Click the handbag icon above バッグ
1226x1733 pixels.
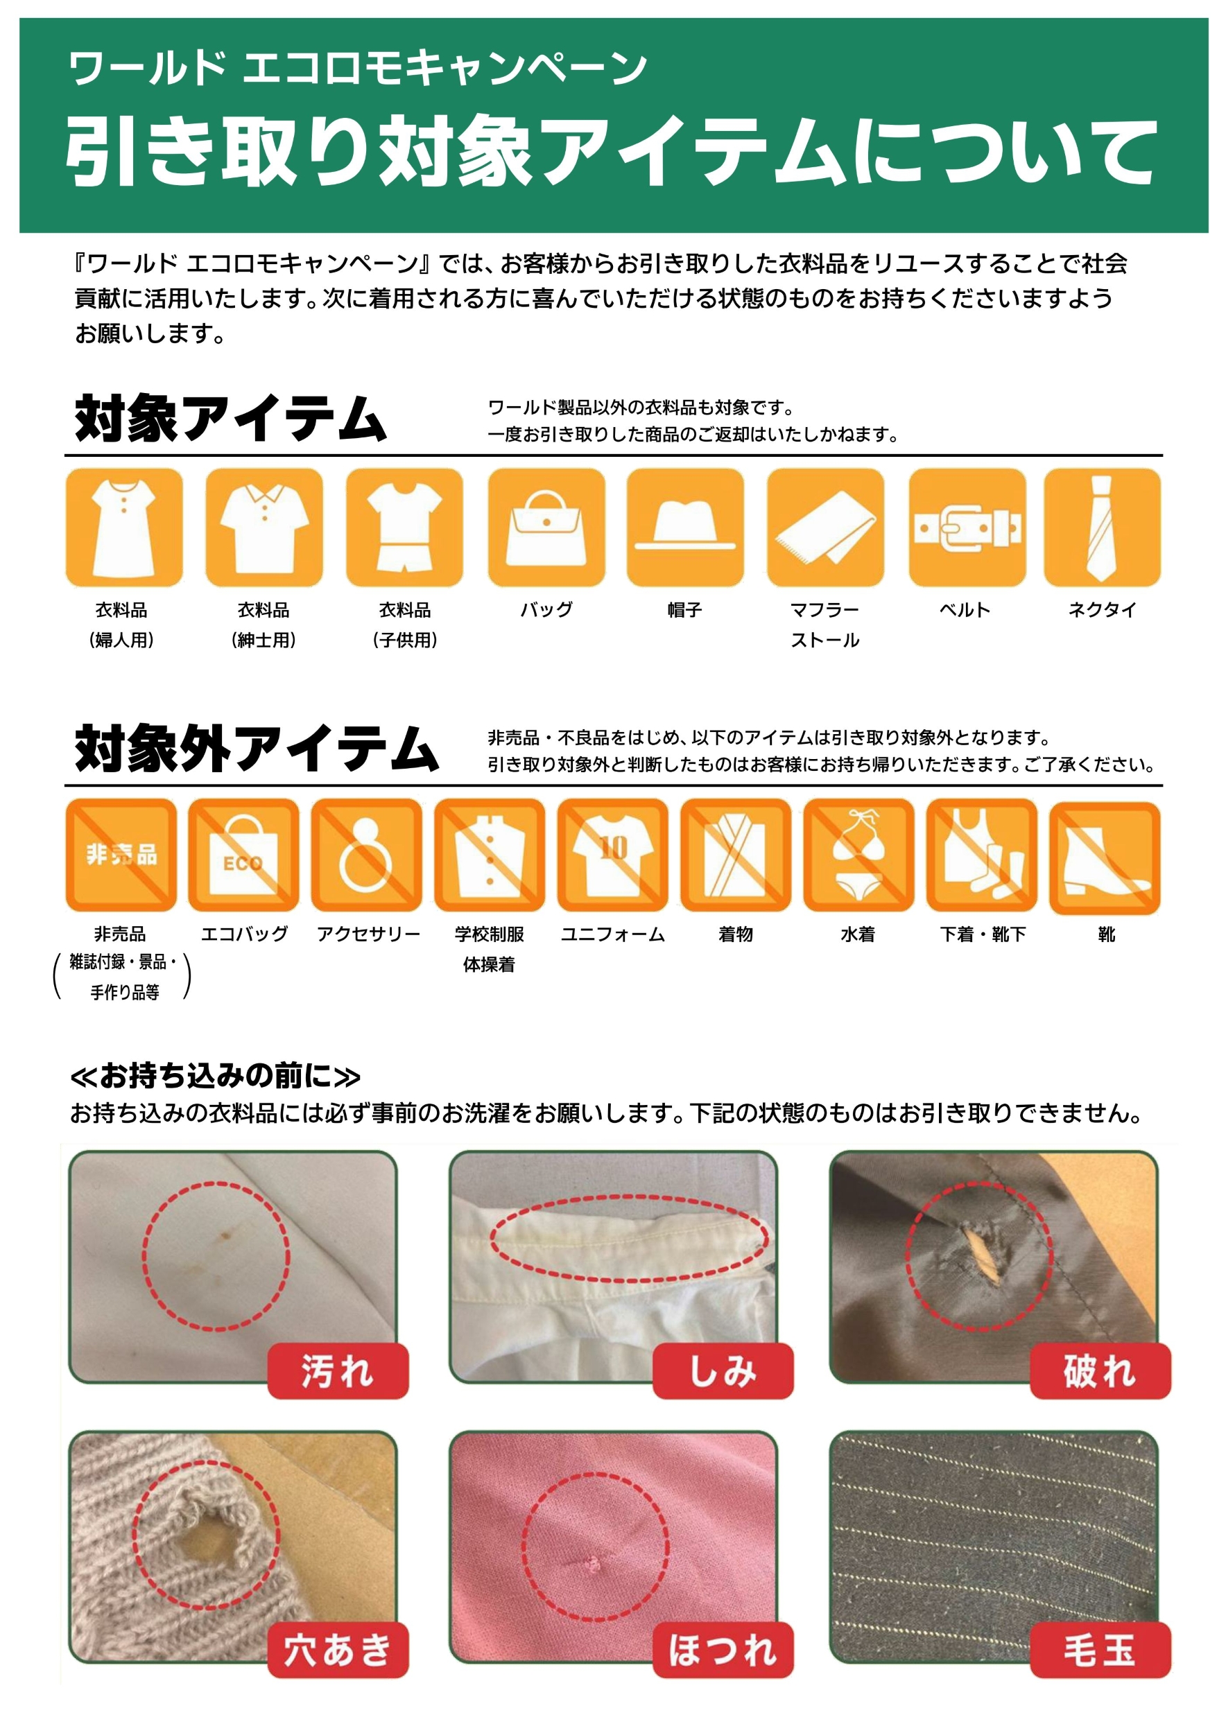(x=546, y=527)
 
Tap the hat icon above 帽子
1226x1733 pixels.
(x=684, y=527)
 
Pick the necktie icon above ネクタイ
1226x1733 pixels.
(x=1101, y=527)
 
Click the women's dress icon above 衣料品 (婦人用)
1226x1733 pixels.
(x=124, y=527)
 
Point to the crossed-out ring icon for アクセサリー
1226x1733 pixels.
(x=366, y=855)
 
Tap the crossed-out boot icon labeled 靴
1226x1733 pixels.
(x=1105, y=855)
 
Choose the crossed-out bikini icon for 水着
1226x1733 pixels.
(x=858, y=855)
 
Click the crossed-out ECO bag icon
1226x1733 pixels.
(x=243, y=855)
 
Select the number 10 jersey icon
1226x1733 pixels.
(x=612, y=855)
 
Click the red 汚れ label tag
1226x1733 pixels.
(x=338, y=1371)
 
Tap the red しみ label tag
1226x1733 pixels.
(x=723, y=1371)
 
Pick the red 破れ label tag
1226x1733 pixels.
(x=1100, y=1371)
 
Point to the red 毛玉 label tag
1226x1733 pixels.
(x=1100, y=1651)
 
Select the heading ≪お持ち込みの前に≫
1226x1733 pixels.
(x=215, y=1076)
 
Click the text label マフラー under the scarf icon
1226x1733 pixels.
(x=824, y=609)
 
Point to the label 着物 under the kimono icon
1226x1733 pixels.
(x=735, y=934)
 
